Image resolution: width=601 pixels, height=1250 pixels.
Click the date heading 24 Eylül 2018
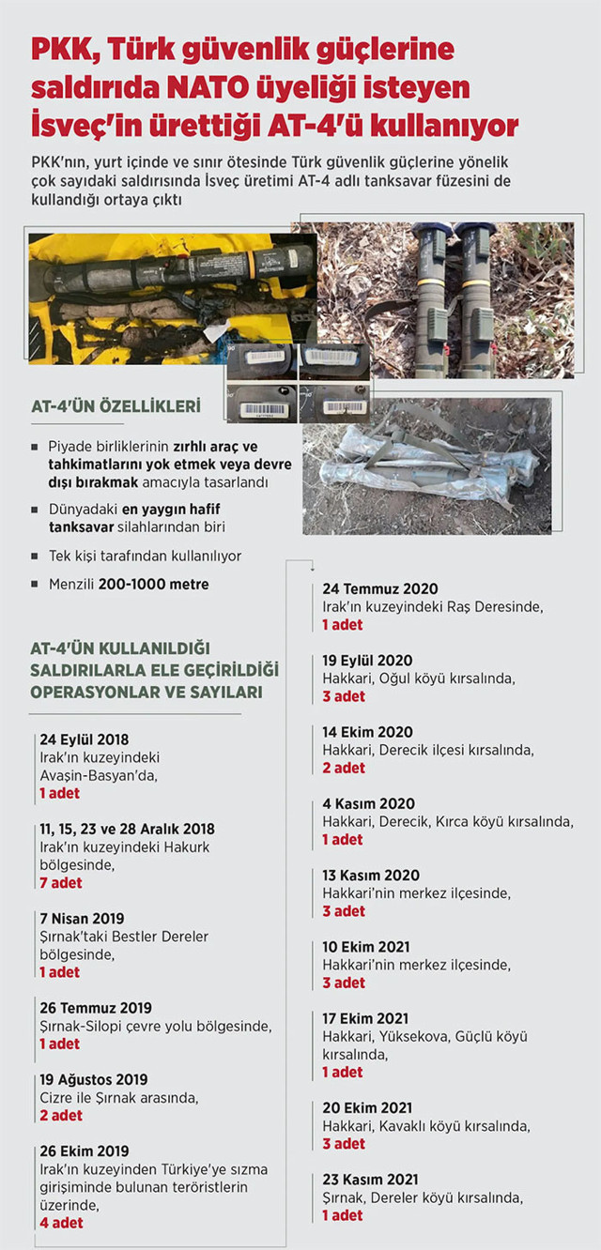(x=85, y=739)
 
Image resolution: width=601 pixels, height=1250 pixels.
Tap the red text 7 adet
(x=61, y=882)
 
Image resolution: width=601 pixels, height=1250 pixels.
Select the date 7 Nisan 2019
(x=82, y=918)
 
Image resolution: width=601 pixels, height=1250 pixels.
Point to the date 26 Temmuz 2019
(x=96, y=1008)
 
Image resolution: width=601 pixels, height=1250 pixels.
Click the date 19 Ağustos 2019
(x=94, y=1079)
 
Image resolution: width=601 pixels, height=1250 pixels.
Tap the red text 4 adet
(x=61, y=1222)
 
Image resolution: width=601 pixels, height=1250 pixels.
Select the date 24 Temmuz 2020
(x=380, y=588)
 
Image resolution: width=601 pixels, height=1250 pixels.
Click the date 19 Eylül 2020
(x=367, y=660)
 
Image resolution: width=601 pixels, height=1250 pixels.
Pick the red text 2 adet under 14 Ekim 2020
(x=344, y=768)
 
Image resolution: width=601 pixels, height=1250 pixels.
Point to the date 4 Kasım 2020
(x=369, y=803)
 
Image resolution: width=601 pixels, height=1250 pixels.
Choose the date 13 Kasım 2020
(x=371, y=875)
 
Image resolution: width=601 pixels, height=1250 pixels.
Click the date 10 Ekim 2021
(x=366, y=946)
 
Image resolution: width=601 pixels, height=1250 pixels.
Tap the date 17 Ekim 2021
(x=366, y=1017)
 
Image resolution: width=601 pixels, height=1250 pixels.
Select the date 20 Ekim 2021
(x=367, y=1107)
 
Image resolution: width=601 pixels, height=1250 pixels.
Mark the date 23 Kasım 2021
(x=371, y=1179)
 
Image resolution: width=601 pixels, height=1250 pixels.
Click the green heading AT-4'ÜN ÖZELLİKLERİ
(x=116, y=407)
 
